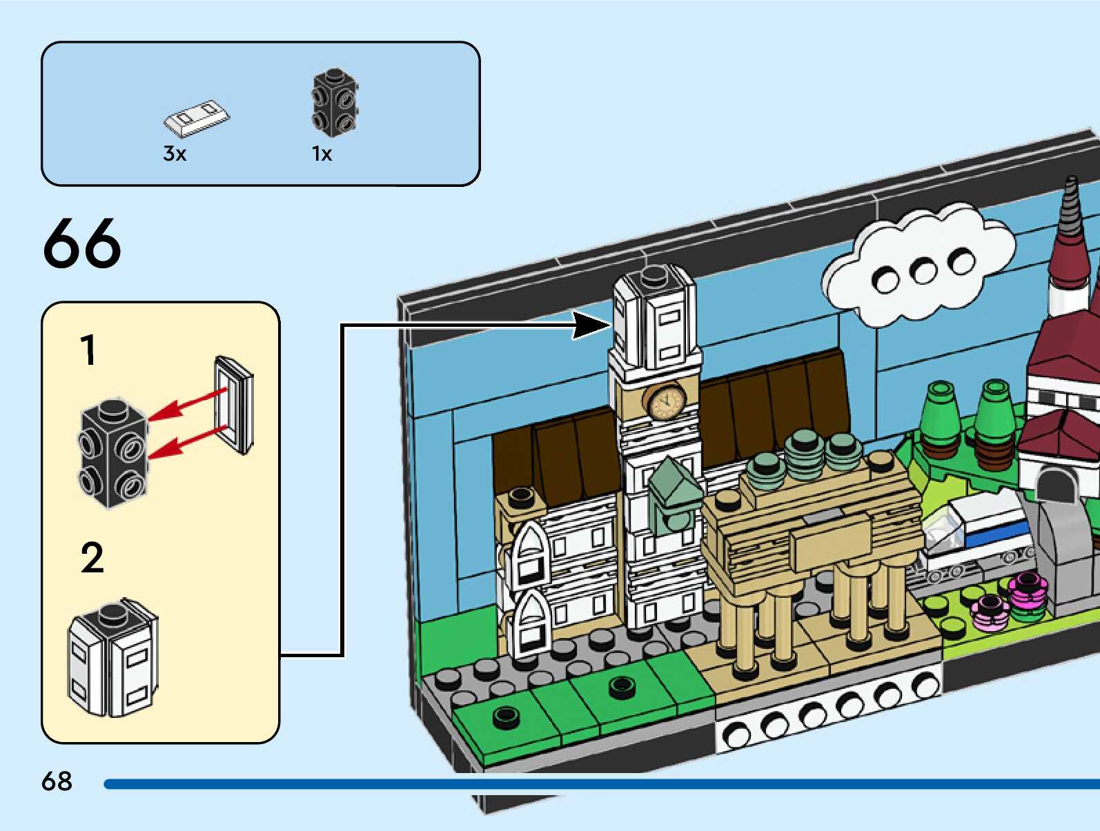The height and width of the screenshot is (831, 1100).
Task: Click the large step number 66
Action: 81,243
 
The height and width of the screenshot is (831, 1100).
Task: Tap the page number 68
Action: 57,781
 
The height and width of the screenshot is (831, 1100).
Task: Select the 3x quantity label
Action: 175,154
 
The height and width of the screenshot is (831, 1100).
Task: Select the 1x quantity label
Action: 322,154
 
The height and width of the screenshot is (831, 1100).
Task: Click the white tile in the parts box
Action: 197,119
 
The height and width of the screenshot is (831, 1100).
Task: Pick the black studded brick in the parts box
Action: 335,102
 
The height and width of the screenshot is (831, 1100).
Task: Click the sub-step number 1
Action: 88,350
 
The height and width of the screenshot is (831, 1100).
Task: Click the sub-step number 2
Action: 92,558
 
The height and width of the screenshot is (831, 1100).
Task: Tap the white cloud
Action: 918,266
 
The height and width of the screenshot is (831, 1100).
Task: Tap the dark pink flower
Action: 1028,592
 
